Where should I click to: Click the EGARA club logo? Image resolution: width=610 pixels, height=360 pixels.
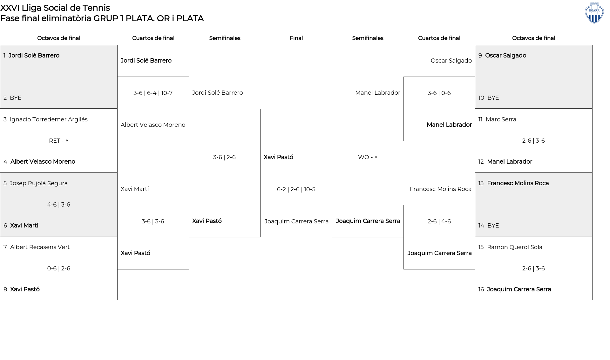tap(594, 13)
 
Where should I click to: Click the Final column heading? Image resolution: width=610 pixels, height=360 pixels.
tap(296, 38)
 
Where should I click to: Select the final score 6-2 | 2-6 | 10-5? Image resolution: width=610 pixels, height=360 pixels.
tap(296, 189)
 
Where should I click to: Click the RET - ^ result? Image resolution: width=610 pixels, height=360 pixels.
tap(59, 141)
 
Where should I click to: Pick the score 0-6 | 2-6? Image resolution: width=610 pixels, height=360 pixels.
tap(59, 268)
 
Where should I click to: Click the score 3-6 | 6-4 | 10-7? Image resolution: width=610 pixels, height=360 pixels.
tap(153, 93)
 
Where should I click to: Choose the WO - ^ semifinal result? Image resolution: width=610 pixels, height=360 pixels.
tap(368, 157)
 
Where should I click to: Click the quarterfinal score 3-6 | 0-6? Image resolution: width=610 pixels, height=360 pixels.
tap(439, 93)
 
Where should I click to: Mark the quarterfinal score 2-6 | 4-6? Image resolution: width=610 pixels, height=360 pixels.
tap(439, 221)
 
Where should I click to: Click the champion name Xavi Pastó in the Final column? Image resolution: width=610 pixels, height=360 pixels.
tap(278, 157)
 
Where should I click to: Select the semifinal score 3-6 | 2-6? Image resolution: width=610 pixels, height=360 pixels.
tap(224, 157)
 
